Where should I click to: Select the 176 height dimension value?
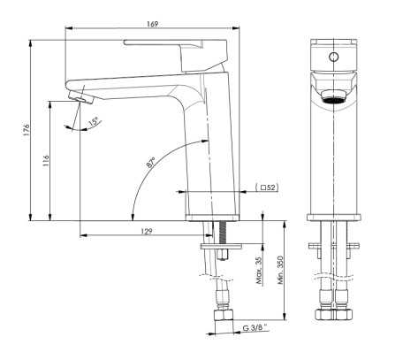tap(27, 128)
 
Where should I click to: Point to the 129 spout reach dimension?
tap(148, 231)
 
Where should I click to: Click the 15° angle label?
tap(94, 122)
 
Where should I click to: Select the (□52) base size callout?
tap(266, 188)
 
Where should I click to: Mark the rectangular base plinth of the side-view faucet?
tap(212, 216)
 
